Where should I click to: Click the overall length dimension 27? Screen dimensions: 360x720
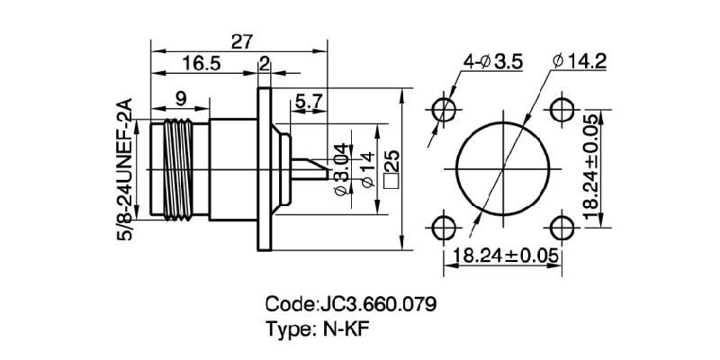[242, 41]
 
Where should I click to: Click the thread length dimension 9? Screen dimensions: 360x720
[181, 96]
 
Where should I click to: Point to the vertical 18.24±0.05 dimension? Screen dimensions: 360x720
[590, 168]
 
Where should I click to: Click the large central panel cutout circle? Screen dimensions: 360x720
[502, 168]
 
